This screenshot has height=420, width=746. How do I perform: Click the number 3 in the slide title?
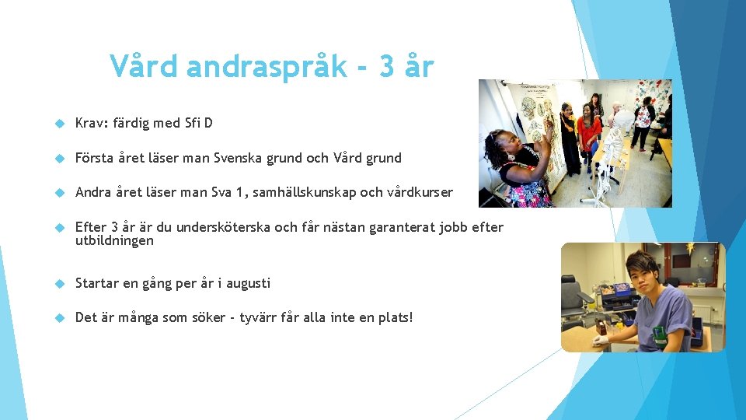click(388, 67)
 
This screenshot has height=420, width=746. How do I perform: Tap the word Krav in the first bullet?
click(91, 123)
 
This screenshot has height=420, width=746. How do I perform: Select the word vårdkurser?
click(420, 193)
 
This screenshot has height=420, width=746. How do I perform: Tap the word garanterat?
click(395, 227)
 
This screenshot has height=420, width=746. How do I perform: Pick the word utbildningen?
click(114, 241)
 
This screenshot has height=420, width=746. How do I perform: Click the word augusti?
click(248, 283)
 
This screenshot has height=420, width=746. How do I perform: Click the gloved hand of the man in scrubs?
click(600, 340)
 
